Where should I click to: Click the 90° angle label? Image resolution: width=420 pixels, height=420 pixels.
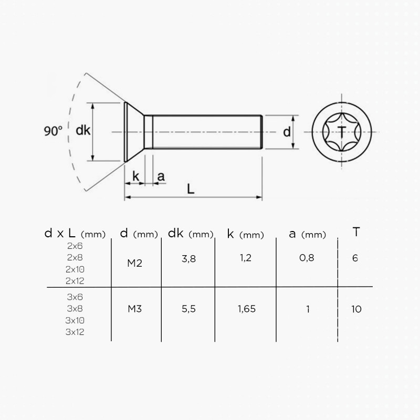[x=53, y=131]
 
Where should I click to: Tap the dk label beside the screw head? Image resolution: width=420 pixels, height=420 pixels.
[x=83, y=131]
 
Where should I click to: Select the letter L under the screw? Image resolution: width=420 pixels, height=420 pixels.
[x=191, y=189]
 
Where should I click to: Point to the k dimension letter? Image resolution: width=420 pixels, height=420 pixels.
[x=136, y=176]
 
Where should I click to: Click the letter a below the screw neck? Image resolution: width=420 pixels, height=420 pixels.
[x=161, y=176]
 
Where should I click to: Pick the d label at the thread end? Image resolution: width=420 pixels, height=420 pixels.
[x=287, y=132]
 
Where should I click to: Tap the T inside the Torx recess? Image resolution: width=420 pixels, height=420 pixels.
[x=342, y=131]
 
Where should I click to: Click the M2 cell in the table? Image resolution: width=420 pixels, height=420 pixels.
[x=135, y=263]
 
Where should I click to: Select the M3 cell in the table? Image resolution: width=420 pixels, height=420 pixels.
[x=135, y=309]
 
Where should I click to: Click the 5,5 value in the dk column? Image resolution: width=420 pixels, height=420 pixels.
[x=188, y=309]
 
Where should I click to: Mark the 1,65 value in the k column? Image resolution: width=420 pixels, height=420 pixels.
[x=246, y=309]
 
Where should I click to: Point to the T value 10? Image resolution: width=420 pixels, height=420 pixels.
[x=356, y=309]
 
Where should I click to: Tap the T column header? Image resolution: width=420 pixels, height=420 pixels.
[x=356, y=232]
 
